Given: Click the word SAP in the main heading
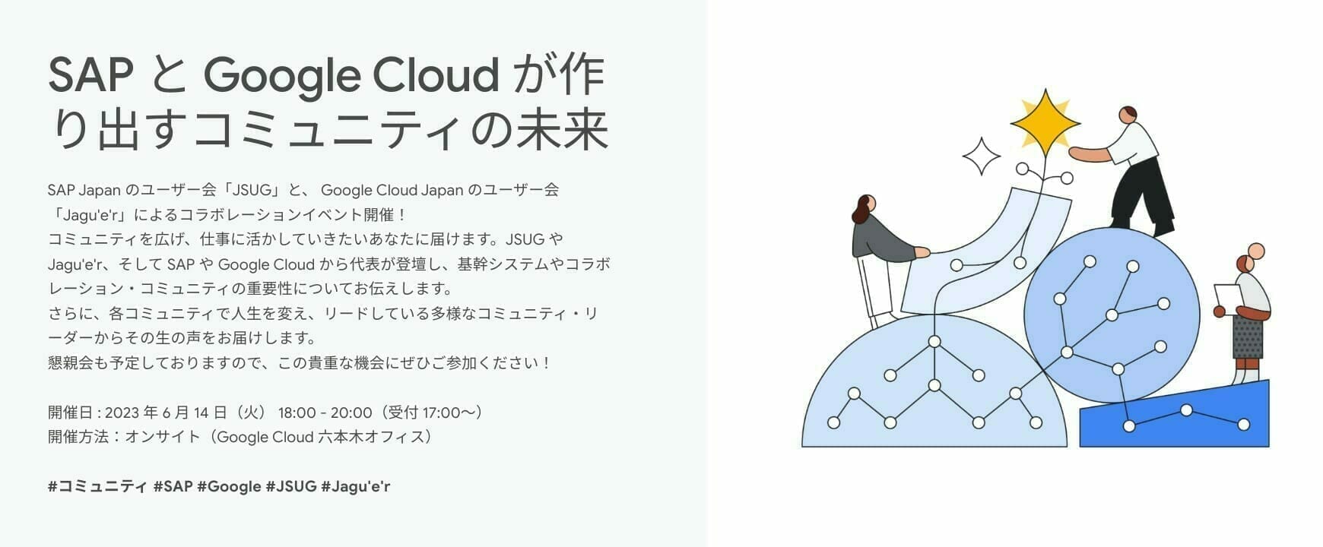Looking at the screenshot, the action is (x=90, y=75).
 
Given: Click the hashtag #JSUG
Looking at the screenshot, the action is (x=291, y=486).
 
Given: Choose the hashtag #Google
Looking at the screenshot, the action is (x=229, y=487).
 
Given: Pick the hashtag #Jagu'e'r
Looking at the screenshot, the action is (x=356, y=487).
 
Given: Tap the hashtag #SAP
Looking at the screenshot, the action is (x=173, y=486).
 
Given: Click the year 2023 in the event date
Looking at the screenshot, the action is (x=122, y=413).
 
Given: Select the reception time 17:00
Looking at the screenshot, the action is (x=441, y=413).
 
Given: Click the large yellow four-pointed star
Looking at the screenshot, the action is (x=1045, y=122).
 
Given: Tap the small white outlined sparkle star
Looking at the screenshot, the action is (x=982, y=157).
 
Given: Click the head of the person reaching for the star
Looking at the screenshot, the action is (x=1128, y=115).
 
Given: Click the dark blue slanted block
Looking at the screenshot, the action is (x=1175, y=416).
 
